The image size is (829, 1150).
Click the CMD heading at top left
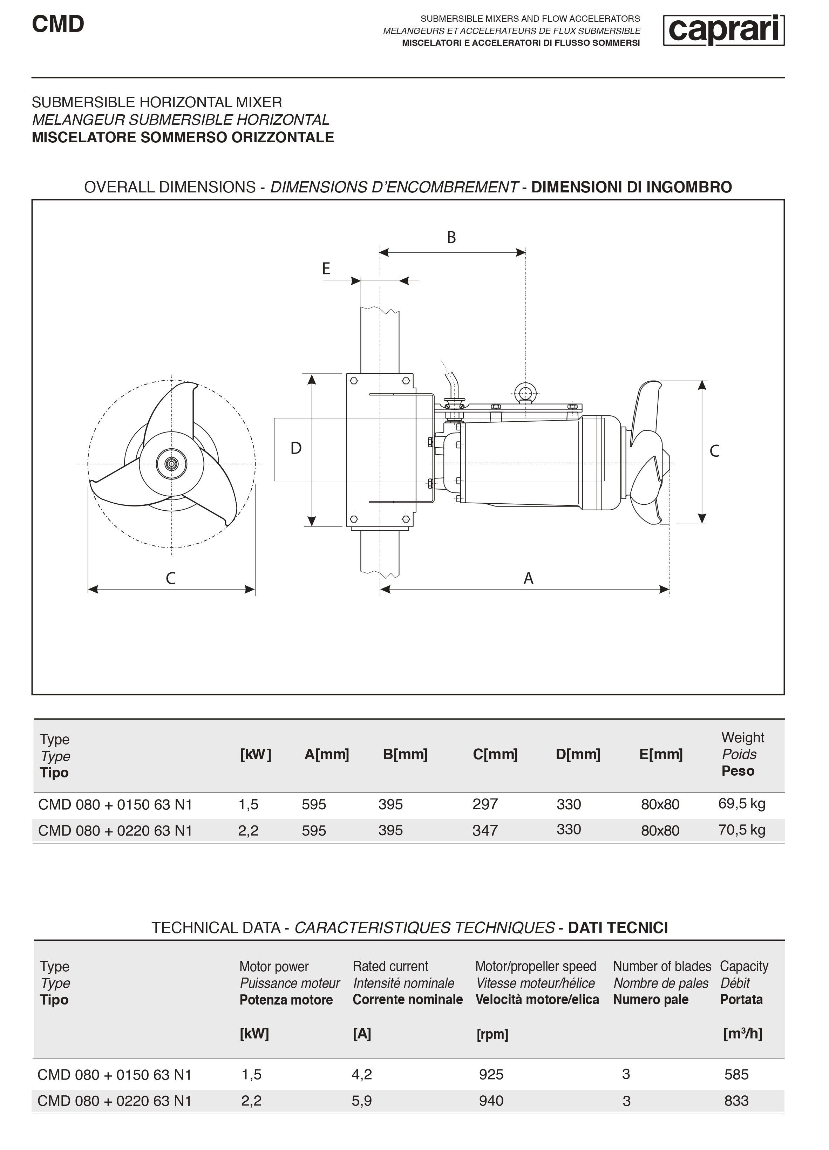click(58, 24)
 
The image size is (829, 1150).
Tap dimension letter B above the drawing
click(451, 237)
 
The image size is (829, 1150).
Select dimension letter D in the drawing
click(296, 448)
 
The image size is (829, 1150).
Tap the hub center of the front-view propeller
click(171, 463)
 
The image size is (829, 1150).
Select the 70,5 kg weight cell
click(741, 830)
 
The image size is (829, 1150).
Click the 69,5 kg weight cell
click(741, 804)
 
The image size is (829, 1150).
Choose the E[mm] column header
click(661, 755)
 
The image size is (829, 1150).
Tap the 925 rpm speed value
click(491, 1074)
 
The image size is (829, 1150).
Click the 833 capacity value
click(736, 1101)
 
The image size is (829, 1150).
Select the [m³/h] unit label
click(742, 1034)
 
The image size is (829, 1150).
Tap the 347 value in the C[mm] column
click(485, 831)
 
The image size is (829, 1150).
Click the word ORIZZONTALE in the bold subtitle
click(283, 137)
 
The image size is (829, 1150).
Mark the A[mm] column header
click(327, 755)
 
